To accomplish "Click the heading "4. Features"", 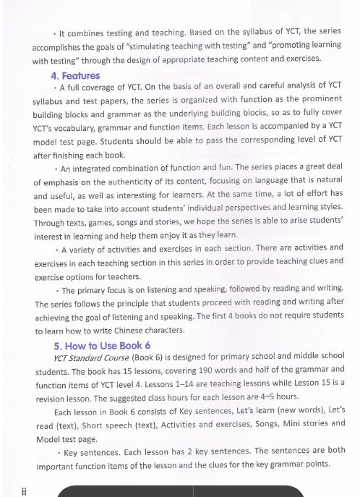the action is (75, 75).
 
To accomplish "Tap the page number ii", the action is (24, 489).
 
